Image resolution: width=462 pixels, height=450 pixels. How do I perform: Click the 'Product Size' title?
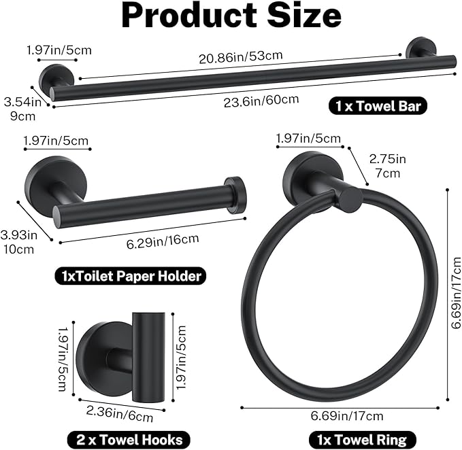pyautogui.click(x=231, y=17)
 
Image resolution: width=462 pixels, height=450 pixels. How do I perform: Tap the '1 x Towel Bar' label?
pyautogui.click(x=378, y=106)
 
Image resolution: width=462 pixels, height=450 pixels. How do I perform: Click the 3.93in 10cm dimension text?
pyautogui.click(x=19, y=243)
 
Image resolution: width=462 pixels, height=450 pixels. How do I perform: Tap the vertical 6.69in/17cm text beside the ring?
pyautogui.click(x=453, y=297)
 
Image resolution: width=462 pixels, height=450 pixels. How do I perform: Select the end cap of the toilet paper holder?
pyautogui.click(x=235, y=194)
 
